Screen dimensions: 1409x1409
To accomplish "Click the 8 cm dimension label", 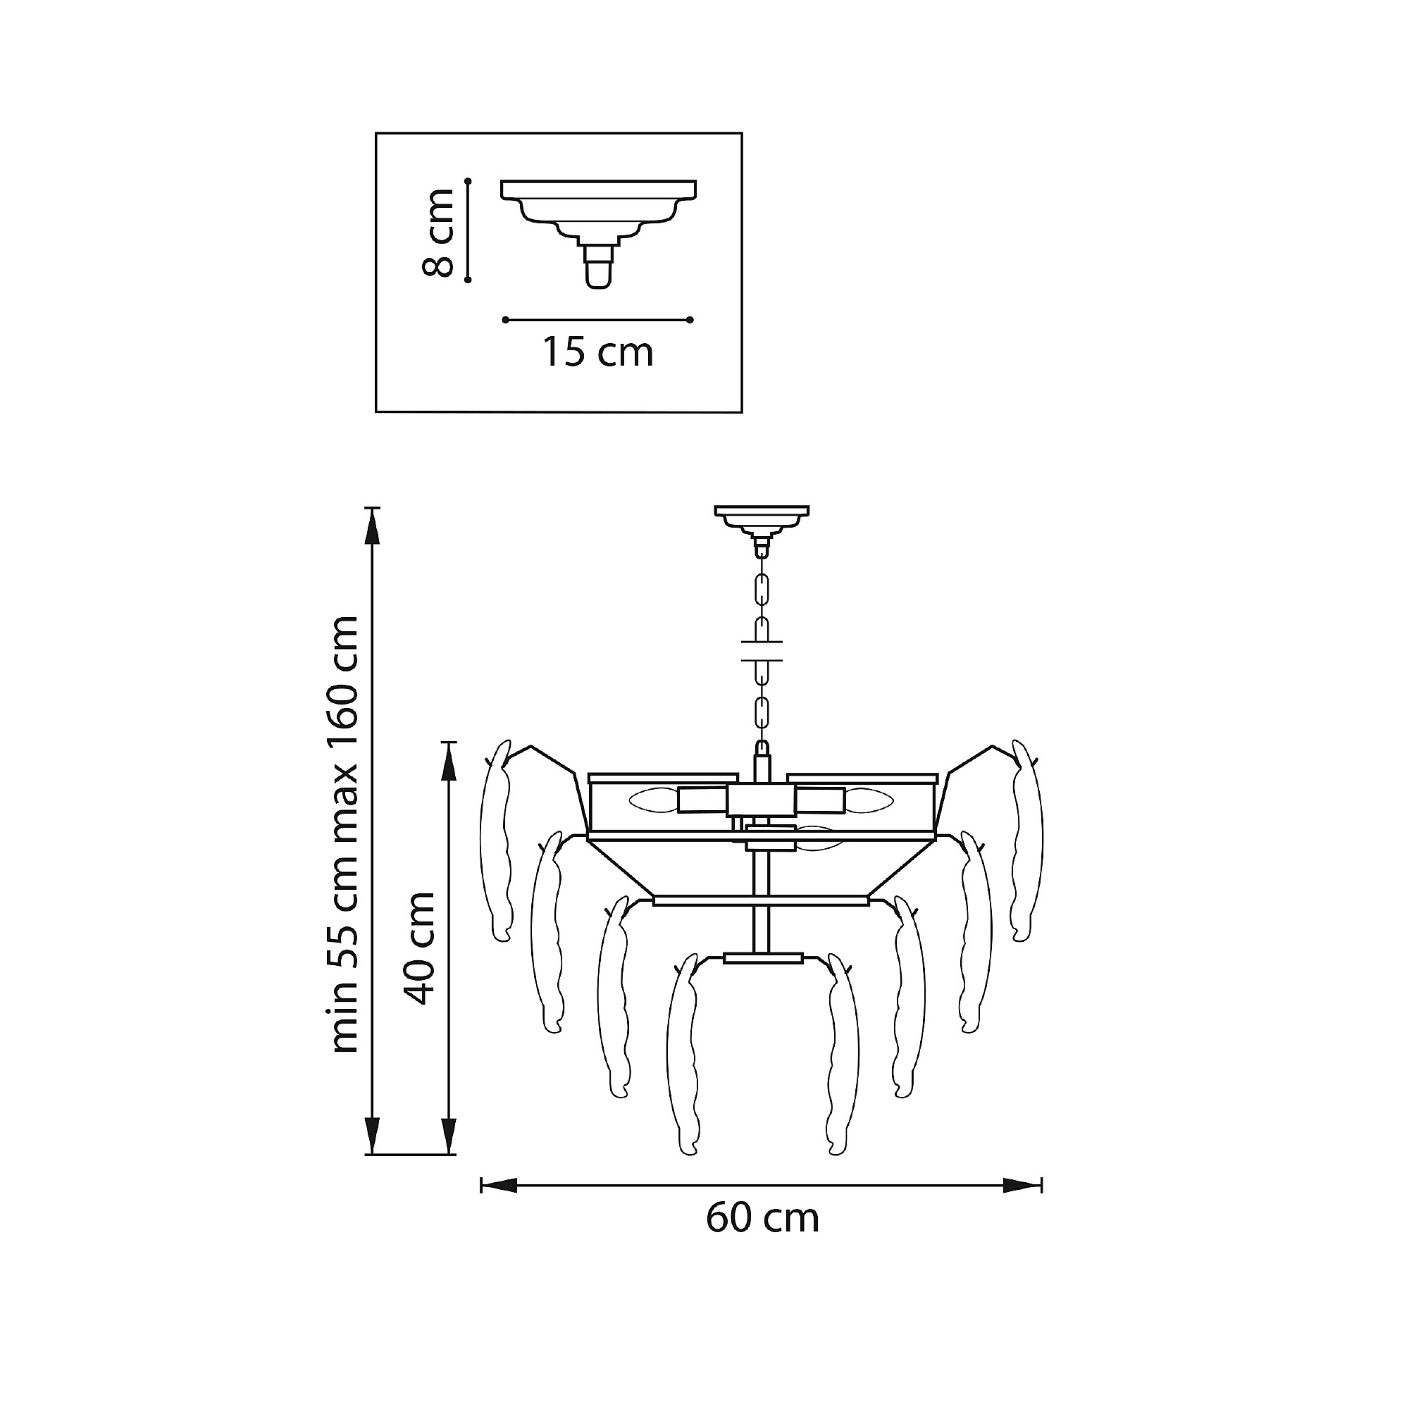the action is (439, 232).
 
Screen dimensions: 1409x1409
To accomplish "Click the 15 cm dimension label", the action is (597, 352).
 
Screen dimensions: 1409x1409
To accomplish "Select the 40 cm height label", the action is (420, 949).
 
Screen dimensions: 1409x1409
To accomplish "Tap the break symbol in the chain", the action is (762, 651).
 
